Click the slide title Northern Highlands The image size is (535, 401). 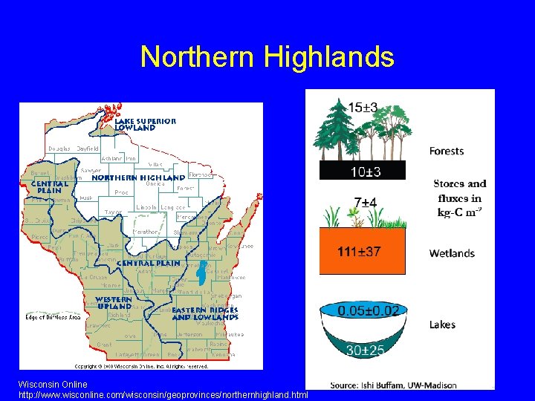coord(267,57)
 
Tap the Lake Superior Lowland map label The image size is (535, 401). coord(145,124)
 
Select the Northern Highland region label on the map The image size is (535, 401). coord(138,178)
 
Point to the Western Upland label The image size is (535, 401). coord(114,302)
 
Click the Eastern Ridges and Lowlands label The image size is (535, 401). coord(205,313)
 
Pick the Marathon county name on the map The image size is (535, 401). coord(146,232)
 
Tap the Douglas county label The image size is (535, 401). coord(59,149)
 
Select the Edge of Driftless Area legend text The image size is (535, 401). coord(53,317)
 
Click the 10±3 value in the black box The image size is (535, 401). coord(363,172)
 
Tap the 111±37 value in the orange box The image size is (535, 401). coord(359,252)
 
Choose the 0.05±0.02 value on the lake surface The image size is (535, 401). coord(368,310)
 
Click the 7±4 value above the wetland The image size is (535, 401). coord(365,202)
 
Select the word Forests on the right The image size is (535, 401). coord(447,151)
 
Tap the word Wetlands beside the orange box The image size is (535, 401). coord(451,253)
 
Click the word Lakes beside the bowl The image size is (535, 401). coord(442,325)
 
